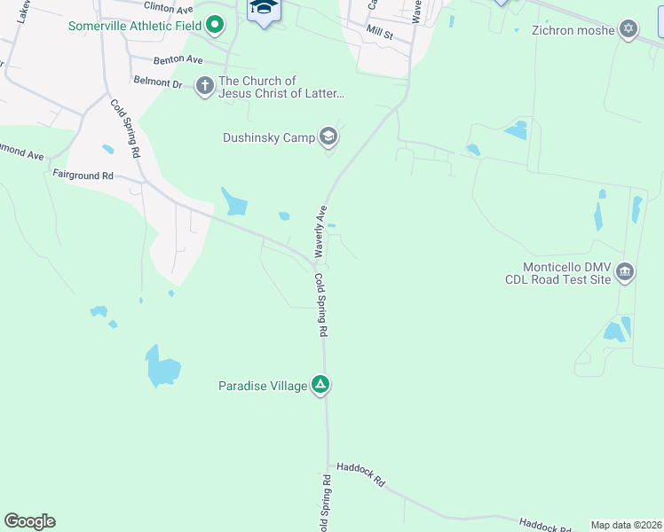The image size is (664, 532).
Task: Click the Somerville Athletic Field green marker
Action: coord(214,25)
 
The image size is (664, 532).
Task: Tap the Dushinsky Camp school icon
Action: coord(328,137)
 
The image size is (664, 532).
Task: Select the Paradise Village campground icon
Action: coord(320,385)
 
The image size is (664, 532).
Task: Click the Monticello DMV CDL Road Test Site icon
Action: coord(624,271)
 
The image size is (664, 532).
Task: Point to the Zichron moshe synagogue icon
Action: coord(628,29)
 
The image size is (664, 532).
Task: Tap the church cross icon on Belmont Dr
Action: coord(205,86)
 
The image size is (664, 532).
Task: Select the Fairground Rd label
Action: coord(83,176)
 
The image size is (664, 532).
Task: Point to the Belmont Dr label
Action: coord(158,83)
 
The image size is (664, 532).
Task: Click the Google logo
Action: coord(29,521)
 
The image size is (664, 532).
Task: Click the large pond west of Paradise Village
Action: coord(163,366)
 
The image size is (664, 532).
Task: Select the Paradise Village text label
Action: coord(263,386)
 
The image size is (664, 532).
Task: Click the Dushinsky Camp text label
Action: coord(269,137)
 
